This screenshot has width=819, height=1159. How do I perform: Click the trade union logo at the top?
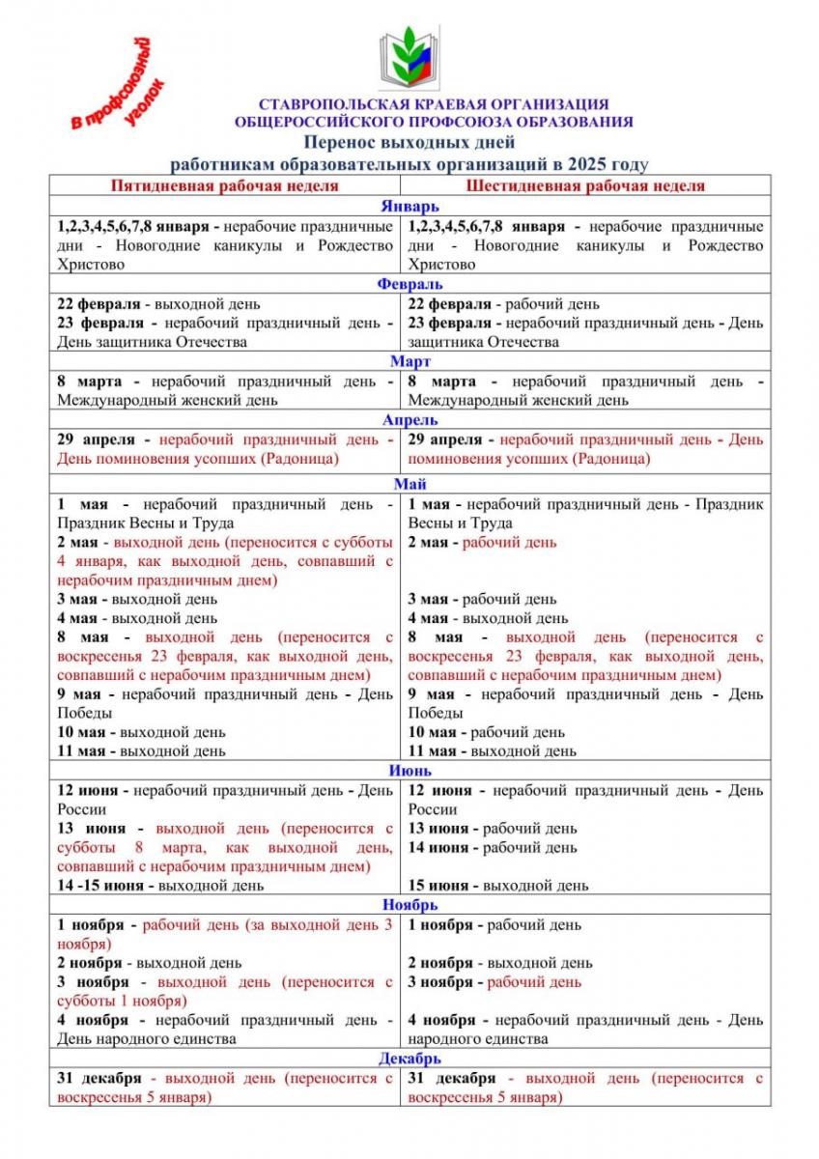click(409, 58)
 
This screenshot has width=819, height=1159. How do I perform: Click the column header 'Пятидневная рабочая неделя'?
click(224, 185)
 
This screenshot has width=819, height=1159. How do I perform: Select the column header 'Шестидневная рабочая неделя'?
click(585, 185)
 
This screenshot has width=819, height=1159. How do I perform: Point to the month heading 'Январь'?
click(409, 206)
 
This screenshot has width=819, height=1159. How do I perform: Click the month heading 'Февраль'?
click(409, 284)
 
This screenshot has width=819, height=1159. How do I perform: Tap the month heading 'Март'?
click(409, 361)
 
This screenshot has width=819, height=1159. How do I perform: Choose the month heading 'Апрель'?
click(409, 420)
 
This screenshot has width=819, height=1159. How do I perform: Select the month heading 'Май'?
click(409, 484)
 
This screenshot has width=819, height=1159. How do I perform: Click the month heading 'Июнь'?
click(409, 770)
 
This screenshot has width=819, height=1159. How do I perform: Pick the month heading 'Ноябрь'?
click(409, 905)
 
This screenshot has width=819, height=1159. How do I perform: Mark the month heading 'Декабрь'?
click(409, 1059)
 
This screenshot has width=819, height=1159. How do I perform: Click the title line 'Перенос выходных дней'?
click(409, 144)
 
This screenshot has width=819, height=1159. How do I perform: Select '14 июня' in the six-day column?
click(439, 847)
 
